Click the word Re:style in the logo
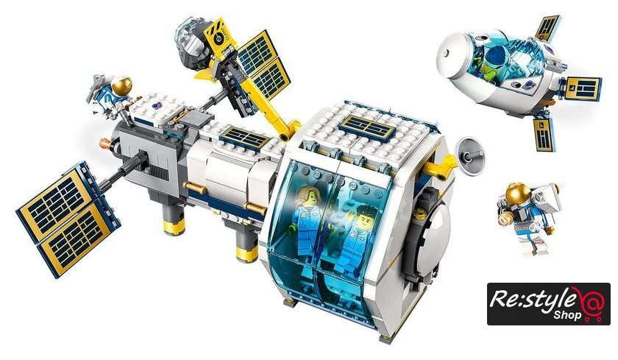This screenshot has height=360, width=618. [533, 300]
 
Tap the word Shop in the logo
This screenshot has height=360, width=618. [566, 316]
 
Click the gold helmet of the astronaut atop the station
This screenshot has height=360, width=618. [122, 85]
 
